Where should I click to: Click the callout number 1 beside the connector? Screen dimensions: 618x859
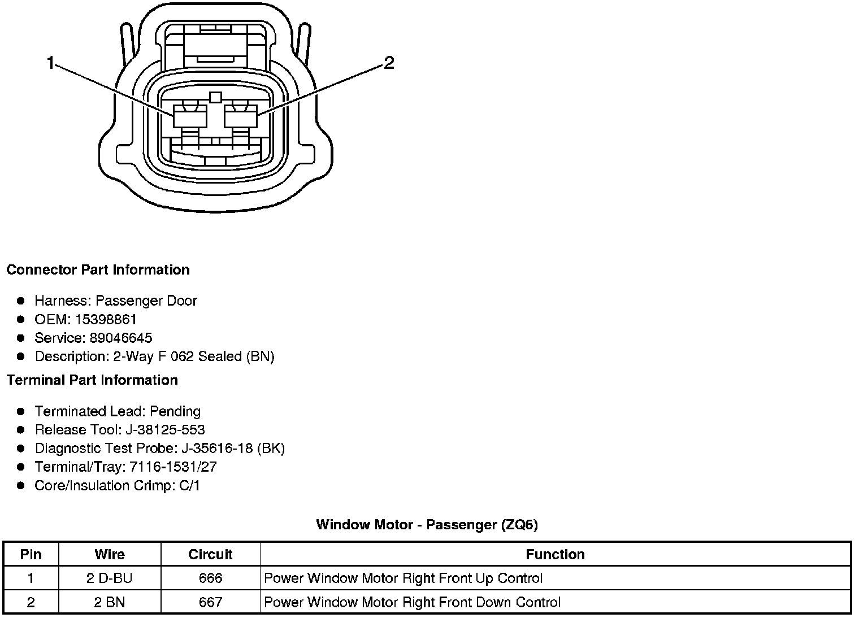(x=51, y=63)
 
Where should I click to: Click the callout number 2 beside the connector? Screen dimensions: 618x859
(x=389, y=63)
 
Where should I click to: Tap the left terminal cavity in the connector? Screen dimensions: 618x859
(x=189, y=118)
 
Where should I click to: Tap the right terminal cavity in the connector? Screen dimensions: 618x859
(x=240, y=118)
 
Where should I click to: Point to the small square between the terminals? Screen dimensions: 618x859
(x=215, y=97)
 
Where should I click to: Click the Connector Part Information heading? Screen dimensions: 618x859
(x=98, y=270)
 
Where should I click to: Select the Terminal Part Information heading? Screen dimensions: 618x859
(x=92, y=380)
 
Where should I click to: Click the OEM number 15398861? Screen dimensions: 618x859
(x=106, y=320)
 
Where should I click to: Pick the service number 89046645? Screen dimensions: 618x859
(x=121, y=338)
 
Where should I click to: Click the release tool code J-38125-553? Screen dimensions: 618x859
(x=165, y=430)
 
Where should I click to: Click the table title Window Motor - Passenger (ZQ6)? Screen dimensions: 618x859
(x=427, y=525)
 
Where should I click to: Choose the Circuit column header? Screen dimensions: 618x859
(x=210, y=554)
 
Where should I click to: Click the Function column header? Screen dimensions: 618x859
(x=555, y=554)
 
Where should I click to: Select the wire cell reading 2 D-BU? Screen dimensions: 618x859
(x=110, y=578)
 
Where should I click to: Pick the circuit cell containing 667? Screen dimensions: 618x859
(x=210, y=602)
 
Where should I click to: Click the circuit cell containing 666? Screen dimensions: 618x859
(x=210, y=578)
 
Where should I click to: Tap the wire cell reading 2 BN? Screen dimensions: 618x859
(x=110, y=602)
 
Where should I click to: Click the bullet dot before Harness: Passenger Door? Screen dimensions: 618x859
(x=21, y=301)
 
